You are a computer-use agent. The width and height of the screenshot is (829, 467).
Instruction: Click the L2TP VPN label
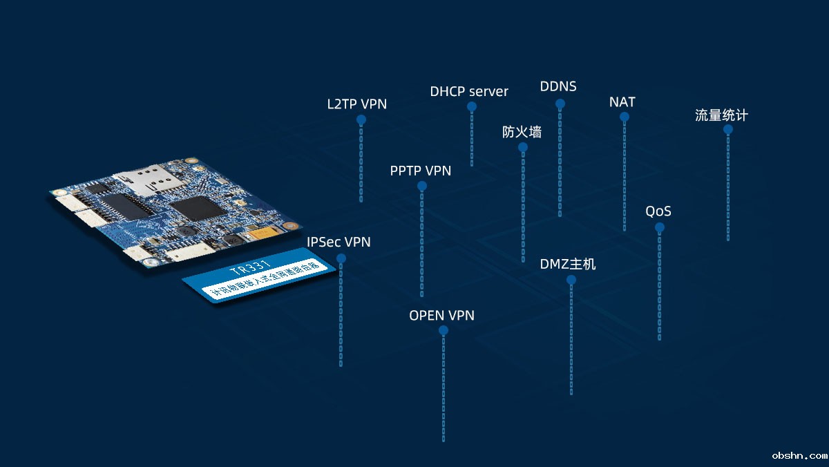[x=356, y=104]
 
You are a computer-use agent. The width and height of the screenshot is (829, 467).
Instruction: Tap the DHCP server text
[x=469, y=91]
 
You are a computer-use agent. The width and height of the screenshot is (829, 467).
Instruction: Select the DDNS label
[x=558, y=87]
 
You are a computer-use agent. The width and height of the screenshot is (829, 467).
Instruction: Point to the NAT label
[x=622, y=102]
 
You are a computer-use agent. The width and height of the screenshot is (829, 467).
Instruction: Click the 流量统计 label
[x=721, y=115]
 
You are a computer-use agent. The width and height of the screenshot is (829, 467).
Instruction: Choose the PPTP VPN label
[x=421, y=171]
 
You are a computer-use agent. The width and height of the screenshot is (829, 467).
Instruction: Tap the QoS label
[x=658, y=211]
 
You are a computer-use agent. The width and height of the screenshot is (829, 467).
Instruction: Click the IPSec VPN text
[x=339, y=242]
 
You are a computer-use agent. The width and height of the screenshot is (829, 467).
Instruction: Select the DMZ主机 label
[x=568, y=264]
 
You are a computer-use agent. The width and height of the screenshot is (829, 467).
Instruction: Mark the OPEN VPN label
[x=442, y=316]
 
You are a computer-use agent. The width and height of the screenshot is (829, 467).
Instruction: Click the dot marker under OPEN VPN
[x=444, y=330]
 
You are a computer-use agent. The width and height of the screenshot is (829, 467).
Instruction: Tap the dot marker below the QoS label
[x=660, y=227]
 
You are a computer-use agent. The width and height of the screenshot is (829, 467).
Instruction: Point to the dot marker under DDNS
[x=560, y=104]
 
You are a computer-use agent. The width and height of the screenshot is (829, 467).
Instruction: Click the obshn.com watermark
[x=799, y=456]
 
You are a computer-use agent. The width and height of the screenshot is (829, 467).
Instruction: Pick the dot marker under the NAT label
[x=625, y=117]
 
